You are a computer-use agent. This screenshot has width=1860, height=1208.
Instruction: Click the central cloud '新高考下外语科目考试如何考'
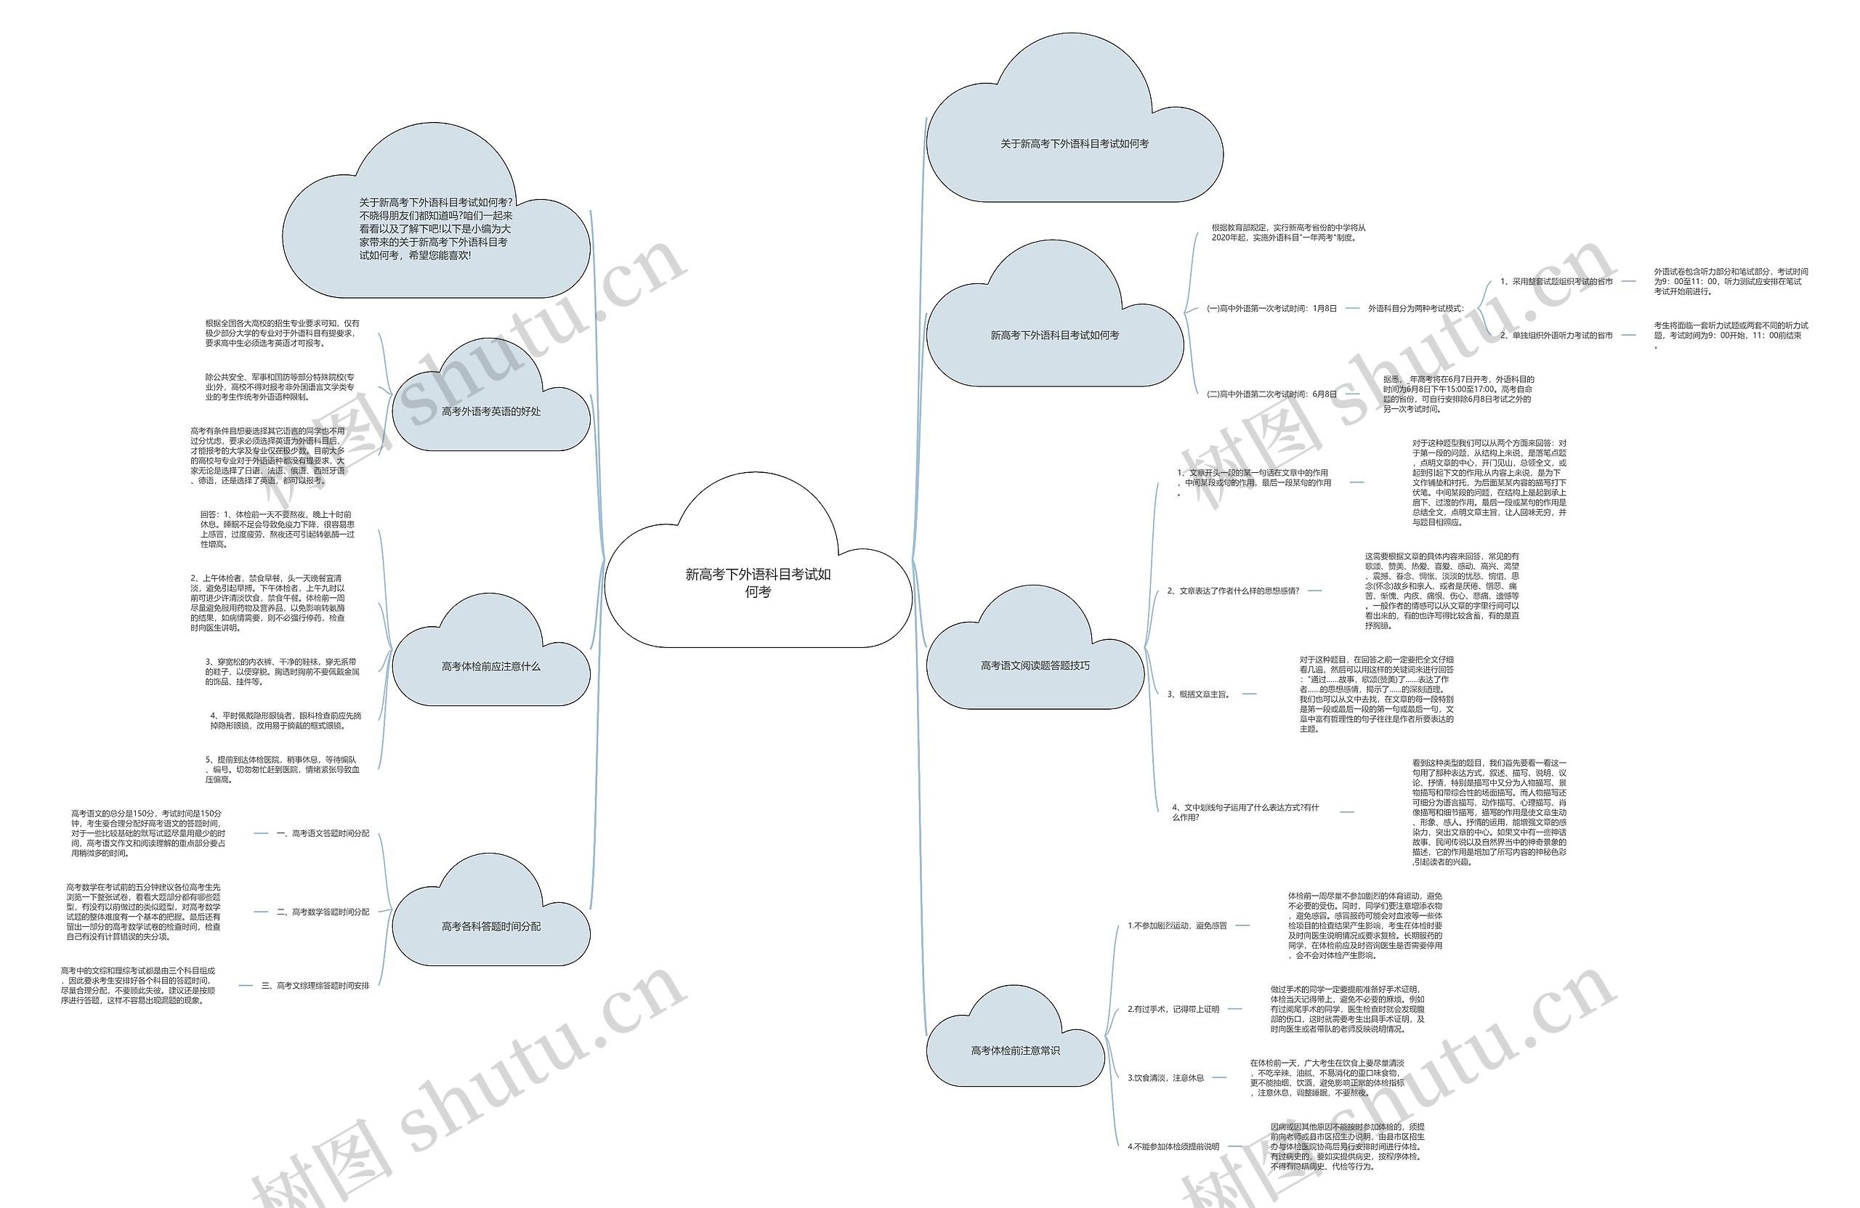(x=757, y=583)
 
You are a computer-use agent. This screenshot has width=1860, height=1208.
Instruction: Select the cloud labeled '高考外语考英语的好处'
(x=490, y=412)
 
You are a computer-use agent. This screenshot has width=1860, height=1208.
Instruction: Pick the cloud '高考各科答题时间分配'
(x=490, y=927)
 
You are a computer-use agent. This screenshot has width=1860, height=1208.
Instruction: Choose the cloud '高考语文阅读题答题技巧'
(x=1035, y=665)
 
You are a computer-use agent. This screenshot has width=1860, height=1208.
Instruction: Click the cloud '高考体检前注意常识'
(x=1015, y=1051)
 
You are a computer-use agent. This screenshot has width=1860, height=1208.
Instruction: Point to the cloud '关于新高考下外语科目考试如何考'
(x=1074, y=144)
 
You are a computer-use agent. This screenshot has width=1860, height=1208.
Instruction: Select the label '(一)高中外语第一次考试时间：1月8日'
(x=1271, y=309)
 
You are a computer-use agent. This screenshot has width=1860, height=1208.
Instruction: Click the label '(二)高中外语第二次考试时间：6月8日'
(x=1271, y=394)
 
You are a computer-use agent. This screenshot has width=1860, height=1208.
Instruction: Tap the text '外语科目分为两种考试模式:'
(x=1415, y=309)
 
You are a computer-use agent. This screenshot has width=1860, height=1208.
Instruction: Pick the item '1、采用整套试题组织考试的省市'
(x=1556, y=282)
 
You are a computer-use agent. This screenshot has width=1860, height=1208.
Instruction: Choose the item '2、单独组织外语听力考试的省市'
(x=1556, y=335)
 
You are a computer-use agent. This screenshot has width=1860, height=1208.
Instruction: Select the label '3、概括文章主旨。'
(x=1198, y=694)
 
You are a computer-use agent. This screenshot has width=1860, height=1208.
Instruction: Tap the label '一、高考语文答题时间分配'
(x=323, y=834)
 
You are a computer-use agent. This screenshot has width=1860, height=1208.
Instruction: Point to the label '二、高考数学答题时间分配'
(x=323, y=912)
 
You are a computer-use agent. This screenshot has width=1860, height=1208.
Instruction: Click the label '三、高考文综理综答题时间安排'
(x=315, y=985)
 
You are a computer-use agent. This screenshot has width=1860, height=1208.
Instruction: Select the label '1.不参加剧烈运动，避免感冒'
(x=1177, y=926)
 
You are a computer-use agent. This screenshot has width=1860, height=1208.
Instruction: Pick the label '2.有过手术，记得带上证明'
(x=1173, y=1010)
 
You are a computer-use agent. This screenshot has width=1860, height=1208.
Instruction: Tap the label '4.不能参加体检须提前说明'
(x=1173, y=1146)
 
